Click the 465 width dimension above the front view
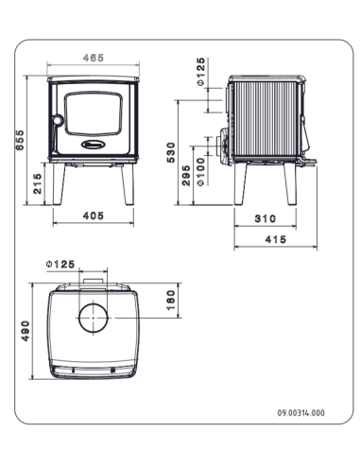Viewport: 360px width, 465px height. point(93,58)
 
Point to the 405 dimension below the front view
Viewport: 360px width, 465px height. point(93,215)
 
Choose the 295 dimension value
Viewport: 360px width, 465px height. point(187,176)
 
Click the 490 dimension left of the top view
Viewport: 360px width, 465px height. point(26,331)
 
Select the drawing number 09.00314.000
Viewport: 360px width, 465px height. point(300,413)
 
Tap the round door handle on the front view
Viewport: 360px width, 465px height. point(56,120)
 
